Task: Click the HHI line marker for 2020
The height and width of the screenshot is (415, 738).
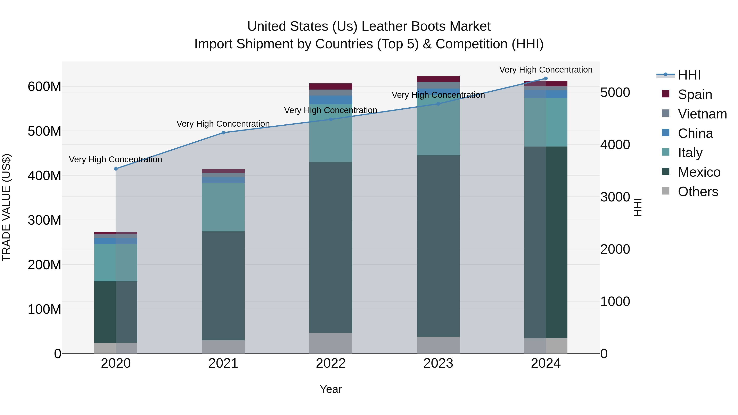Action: pyautogui.click(x=116, y=169)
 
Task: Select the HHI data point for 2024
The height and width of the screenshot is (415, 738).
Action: pyautogui.click(x=546, y=78)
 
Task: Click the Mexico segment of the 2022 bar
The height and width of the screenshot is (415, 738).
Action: pyautogui.click(x=331, y=247)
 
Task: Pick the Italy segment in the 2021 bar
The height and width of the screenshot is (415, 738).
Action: pyautogui.click(x=223, y=207)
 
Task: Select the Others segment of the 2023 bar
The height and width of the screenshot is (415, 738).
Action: pyautogui.click(x=438, y=345)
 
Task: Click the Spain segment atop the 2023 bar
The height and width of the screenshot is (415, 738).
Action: pyautogui.click(x=438, y=79)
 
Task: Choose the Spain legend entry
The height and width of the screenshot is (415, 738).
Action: pyautogui.click(x=695, y=94)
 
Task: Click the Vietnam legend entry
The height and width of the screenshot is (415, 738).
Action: pyautogui.click(x=702, y=114)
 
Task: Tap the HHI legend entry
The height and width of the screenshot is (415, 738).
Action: pyautogui.click(x=689, y=75)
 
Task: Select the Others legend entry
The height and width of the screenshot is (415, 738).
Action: pyautogui.click(x=698, y=191)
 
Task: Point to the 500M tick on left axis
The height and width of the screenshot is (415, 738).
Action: pyautogui.click(x=44, y=131)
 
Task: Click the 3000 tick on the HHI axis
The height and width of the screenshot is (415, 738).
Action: pyautogui.click(x=615, y=197)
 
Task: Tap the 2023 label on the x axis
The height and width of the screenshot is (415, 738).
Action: pyautogui.click(x=438, y=363)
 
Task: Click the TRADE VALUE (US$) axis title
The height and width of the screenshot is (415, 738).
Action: pyautogui.click(x=6, y=207)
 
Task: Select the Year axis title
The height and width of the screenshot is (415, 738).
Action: pyautogui.click(x=331, y=389)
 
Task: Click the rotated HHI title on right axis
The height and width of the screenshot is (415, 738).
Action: pyautogui.click(x=638, y=207)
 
